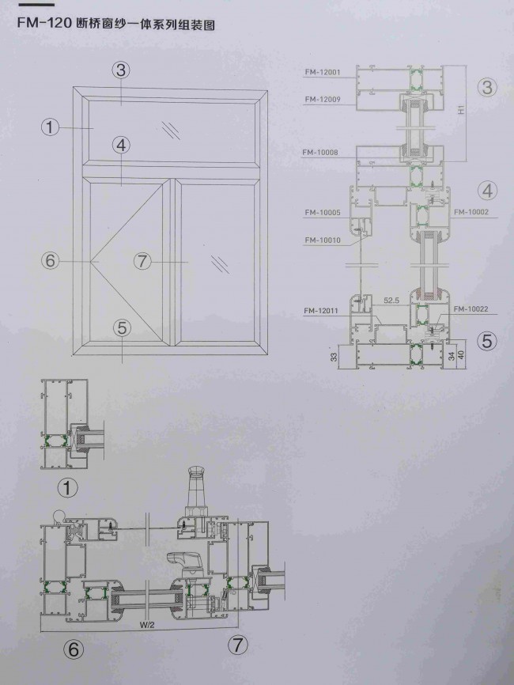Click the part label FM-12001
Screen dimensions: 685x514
click(322, 72)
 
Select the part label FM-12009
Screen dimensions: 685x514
click(322, 99)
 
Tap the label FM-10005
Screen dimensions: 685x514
click(322, 213)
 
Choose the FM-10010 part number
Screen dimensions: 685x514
click(322, 240)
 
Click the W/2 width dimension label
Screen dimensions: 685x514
click(147, 625)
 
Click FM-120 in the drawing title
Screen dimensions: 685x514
click(37, 24)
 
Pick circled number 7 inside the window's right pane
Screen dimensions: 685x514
click(142, 261)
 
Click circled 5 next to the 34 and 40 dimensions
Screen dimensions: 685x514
click(487, 341)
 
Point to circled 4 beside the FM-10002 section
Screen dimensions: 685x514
click(488, 190)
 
